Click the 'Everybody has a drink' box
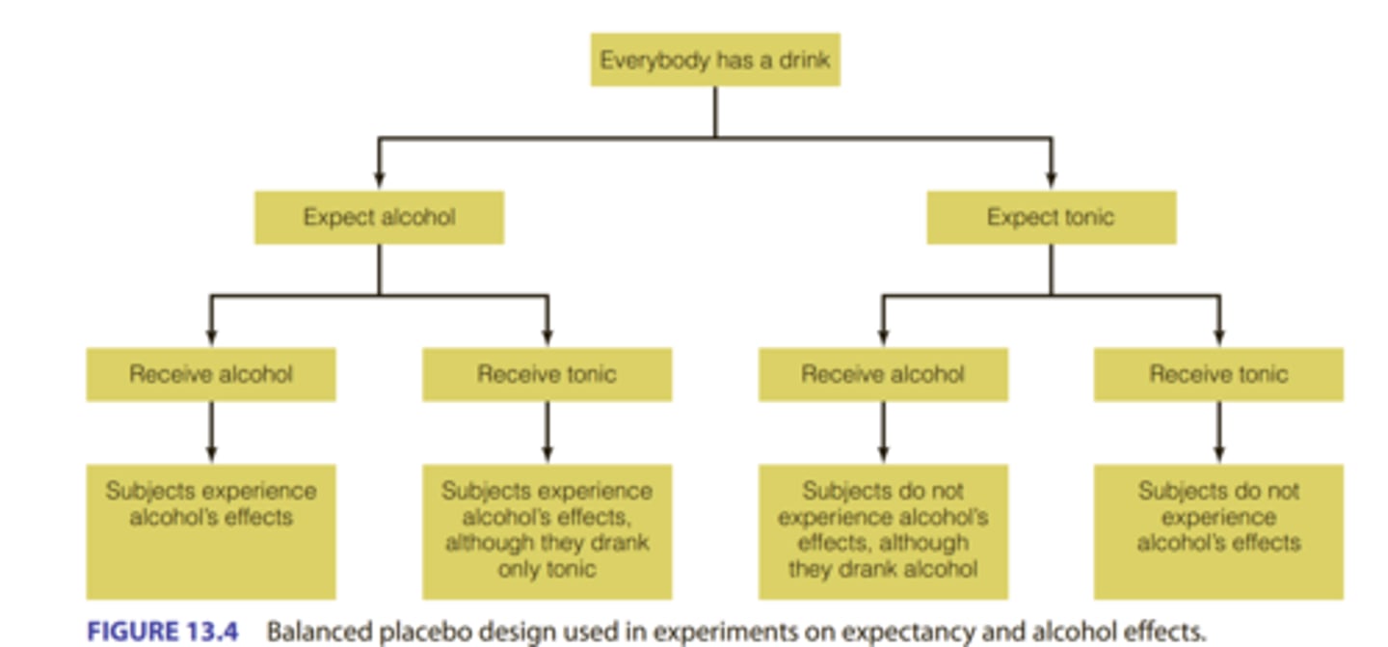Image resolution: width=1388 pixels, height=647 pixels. pyautogui.click(x=715, y=60)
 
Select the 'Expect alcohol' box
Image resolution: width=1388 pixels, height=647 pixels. pyautogui.click(x=379, y=217)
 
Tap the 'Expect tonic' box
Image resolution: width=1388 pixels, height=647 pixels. pyautogui.click(x=1051, y=217)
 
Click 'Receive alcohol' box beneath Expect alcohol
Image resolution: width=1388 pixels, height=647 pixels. pyautogui.click(x=211, y=374)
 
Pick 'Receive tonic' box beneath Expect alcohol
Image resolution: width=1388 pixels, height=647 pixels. pyautogui.click(x=547, y=374)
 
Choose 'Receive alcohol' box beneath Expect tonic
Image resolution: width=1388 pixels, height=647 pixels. pyautogui.click(x=883, y=374)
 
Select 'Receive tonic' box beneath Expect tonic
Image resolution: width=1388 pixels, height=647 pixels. pyautogui.click(x=1218, y=374)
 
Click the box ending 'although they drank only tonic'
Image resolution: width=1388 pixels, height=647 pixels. pyautogui.click(x=547, y=531)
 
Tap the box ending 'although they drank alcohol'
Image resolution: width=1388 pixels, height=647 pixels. pyautogui.click(x=883, y=531)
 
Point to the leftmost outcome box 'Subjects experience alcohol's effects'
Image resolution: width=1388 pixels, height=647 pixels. pyautogui.click(x=211, y=531)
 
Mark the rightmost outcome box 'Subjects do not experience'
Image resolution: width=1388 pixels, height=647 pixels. pyautogui.click(x=1218, y=531)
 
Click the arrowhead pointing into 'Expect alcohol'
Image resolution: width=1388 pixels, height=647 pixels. pyautogui.click(x=379, y=181)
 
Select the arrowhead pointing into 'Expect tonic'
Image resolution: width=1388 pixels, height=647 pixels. pyautogui.click(x=1051, y=181)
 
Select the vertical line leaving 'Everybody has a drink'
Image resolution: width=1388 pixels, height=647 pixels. pyautogui.click(x=715, y=111)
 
